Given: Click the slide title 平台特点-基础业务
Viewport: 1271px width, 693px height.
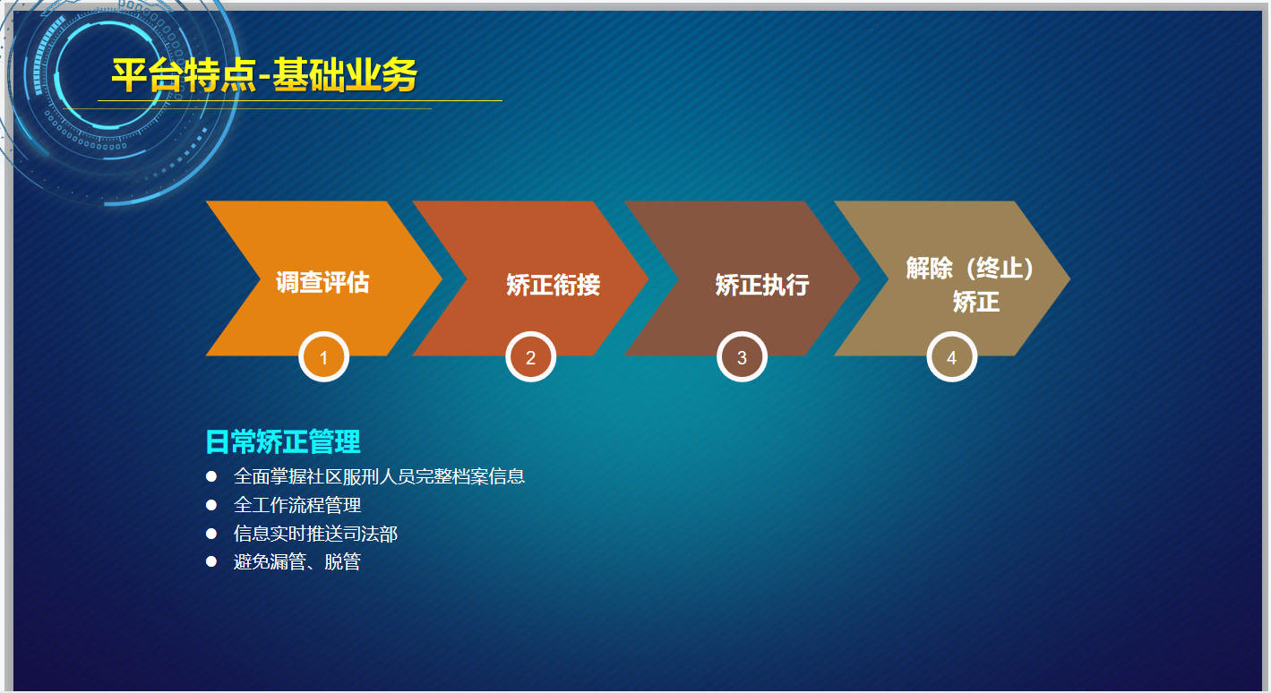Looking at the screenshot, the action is tap(264, 75).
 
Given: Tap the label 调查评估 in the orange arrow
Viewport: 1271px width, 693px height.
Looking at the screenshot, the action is tap(322, 282).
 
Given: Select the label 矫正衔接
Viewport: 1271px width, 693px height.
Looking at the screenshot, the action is tap(554, 285).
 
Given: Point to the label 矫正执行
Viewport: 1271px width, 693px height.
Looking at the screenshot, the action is tap(762, 285).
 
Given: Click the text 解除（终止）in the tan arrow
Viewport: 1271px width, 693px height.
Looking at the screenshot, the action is tap(970, 269).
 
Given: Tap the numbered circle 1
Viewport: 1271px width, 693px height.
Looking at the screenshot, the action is tap(323, 357).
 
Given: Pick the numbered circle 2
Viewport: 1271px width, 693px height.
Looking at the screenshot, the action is tap(530, 357).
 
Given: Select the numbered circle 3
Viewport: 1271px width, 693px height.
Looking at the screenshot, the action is tap(742, 357).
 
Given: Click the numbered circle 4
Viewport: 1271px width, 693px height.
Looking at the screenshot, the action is tap(951, 357).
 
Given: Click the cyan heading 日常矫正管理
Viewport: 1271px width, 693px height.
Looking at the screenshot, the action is tap(282, 441).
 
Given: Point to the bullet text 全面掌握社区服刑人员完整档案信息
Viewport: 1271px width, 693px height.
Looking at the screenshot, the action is tap(379, 476).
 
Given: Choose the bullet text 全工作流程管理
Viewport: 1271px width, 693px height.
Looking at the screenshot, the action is tap(297, 505).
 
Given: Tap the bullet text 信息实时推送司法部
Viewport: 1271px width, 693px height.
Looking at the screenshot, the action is tap(315, 534).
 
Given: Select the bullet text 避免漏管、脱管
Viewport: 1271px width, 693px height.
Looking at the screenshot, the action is tap(297, 562).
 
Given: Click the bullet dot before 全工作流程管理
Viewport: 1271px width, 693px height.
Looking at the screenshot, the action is tap(211, 505).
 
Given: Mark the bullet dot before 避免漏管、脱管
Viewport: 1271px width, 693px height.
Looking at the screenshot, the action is tap(211, 561).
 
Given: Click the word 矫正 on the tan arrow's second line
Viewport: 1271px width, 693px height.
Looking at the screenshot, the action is tap(976, 302).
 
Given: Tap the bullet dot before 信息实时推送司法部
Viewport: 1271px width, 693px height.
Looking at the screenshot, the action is tap(211, 533).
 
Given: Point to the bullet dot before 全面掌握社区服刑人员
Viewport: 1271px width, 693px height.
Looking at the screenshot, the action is tap(211, 475).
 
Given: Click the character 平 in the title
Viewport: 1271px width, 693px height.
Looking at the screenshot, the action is tap(130, 75).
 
